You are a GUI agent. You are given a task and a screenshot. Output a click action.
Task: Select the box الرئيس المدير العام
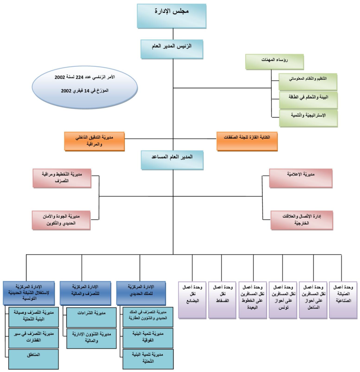(x=172, y=49)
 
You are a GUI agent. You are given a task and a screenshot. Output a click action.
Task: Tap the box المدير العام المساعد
(x=172, y=160)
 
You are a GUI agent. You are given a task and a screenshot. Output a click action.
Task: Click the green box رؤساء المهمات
(x=270, y=61)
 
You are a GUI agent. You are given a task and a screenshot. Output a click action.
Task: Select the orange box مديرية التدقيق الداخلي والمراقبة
(x=94, y=141)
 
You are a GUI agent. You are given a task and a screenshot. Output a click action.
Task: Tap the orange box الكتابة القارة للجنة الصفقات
(x=247, y=141)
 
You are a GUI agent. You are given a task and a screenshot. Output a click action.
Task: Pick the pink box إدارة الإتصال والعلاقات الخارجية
(x=301, y=219)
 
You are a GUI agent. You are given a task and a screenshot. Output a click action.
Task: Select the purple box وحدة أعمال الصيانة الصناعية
(x=343, y=300)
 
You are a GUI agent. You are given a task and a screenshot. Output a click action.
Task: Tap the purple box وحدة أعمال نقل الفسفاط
(x=222, y=300)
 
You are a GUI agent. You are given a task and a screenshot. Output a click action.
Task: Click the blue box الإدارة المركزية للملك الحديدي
(x=141, y=292)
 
